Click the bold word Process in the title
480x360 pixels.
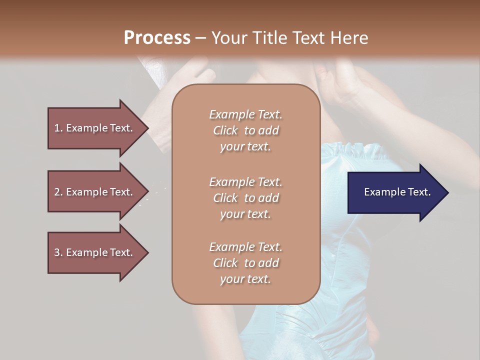(157, 38)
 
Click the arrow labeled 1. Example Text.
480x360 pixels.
(95, 128)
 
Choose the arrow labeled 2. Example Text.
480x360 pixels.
(95, 192)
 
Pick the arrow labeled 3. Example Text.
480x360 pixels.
(95, 252)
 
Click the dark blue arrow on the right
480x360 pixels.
(395, 192)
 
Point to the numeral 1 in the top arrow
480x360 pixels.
(57, 128)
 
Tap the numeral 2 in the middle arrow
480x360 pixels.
(57, 192)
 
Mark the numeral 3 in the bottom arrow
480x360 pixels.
(57, 252)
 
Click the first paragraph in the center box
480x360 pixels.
(245, 130)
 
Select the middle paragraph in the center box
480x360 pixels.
(245, 197)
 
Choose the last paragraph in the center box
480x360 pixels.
(245, 263)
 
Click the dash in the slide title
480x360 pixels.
(200, 38)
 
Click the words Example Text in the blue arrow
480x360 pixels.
(397, 192)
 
